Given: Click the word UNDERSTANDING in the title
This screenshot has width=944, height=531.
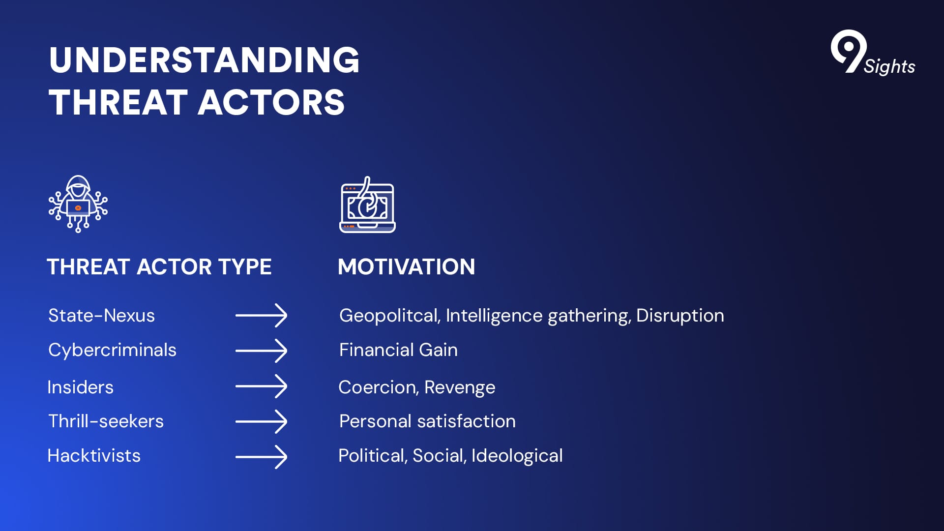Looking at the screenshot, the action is point(204,60).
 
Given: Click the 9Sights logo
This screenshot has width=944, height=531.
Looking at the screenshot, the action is point(873,53).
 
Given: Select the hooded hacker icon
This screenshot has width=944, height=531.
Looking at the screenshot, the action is point(78,204).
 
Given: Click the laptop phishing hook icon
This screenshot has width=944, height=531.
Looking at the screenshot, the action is point(367,205).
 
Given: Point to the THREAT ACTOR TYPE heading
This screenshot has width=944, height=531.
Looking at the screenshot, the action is point(159,267).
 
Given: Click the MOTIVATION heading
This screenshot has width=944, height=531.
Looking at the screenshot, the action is point(407,267).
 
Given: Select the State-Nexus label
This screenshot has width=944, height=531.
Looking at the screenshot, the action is point(101,315).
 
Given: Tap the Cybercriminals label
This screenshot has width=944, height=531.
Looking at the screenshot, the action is point(112,351).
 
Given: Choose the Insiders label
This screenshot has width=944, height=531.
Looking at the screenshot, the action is point(80,387).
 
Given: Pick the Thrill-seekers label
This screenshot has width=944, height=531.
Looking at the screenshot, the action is point(106,421).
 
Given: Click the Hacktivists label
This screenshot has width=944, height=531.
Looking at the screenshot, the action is point(94,455).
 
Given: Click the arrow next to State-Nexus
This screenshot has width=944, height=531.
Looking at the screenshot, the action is point(261,315).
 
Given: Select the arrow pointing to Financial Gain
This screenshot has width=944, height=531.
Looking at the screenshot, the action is point(261,351).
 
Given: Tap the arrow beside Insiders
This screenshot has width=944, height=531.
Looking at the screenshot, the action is point(261,386).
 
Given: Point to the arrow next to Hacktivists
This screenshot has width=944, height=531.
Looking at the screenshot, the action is point(261,457).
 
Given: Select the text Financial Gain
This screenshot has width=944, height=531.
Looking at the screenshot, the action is point(398,350).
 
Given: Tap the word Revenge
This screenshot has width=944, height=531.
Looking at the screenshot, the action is point(460,388).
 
